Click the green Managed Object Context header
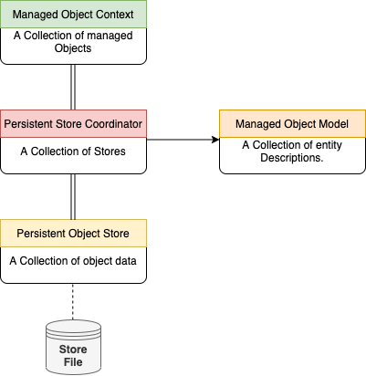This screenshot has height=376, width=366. (x=73, y=15)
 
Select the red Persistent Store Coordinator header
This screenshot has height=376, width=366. (x=73, y=123)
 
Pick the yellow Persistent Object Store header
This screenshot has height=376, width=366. (x=73, y=234)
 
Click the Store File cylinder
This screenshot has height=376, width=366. (x=73, y=347)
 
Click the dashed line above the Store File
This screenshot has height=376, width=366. (x=73, y=299)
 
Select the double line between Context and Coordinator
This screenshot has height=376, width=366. (x=73, y=87)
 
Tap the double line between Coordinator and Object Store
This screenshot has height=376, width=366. (x=73, y=196)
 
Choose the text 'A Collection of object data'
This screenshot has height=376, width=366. (x=73, y=261)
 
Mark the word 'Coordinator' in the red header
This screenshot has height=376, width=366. (x=112, y=123)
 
